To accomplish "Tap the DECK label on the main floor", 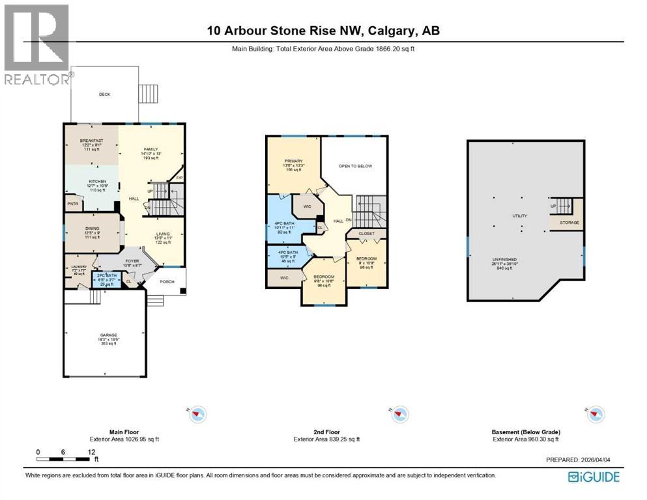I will coord(104,94).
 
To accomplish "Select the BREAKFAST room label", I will coord(92,141).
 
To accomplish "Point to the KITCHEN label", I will coord(92,182).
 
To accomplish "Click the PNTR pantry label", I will coord(72,204).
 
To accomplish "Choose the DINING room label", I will coord(91,229).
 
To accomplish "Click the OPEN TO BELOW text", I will coord(355,166).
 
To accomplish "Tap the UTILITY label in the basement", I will coord(519,215).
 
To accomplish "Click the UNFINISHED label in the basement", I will coord(505,259).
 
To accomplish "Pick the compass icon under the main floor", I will coord(198,413).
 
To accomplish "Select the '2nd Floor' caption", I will coord(326,432).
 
